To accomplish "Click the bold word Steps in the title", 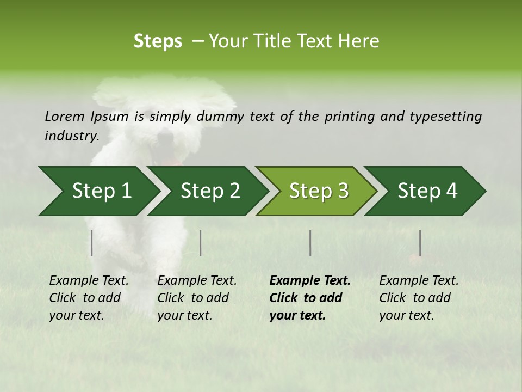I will pyautogui.click(x=158, y=41).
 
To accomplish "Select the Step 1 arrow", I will pyautogui.click(x=98, y=191).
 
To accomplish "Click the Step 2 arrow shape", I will pyautogui.click(x=209, y=191).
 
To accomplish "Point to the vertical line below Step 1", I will pyautogui.click(x=92, y=243).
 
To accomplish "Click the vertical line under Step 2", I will pyautogui.click(x=201, y=243).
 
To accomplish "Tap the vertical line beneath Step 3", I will pyautogui.click(x=310, y=243).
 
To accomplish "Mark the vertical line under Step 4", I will pyautogui.click(x=420, y=243).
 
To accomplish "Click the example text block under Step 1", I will pyautogui.click(x=89, y=298).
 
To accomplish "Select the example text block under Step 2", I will pyautogui.click(x=197, y=298).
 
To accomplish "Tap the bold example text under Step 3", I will pyautogui.click(x=309, y=298).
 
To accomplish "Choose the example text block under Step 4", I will pyautogui.click(x=419, y=298).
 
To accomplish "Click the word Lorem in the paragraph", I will pyautogui.click(x=65, y=117).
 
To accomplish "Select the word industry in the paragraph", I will pyautogui.click(x=72, y=136).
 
